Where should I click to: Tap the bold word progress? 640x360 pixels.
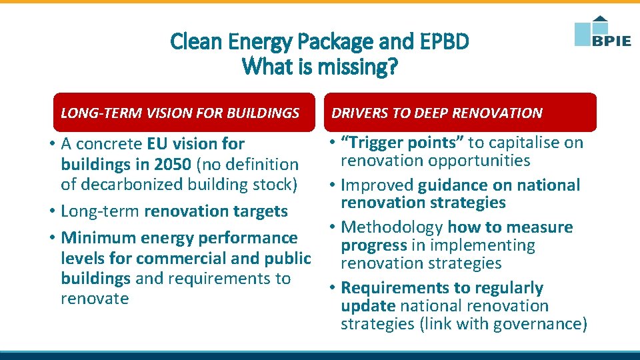[373, 245]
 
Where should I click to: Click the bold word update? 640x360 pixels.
[368, 306]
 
